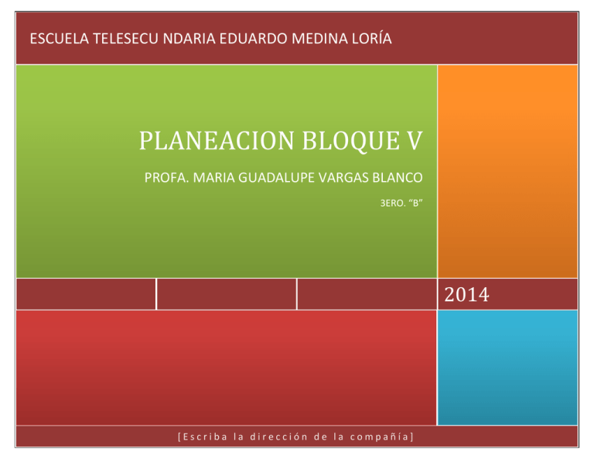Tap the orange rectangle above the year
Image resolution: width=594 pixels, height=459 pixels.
click(507, 170)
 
